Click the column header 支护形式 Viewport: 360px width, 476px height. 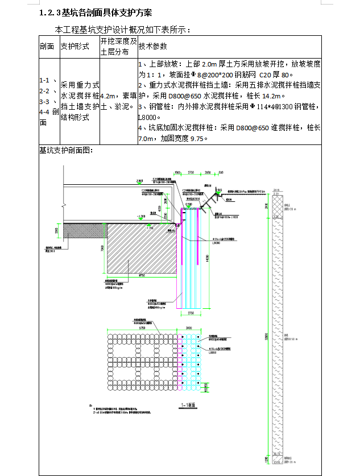(x=75, y=46)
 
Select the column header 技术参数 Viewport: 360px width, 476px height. (x=154, y=46)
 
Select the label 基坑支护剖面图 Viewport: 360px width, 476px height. (x=65, y=151)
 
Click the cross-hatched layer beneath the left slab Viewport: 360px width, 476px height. (x=85, y=230)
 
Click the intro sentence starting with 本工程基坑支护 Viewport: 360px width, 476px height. (x=122, y=30)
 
